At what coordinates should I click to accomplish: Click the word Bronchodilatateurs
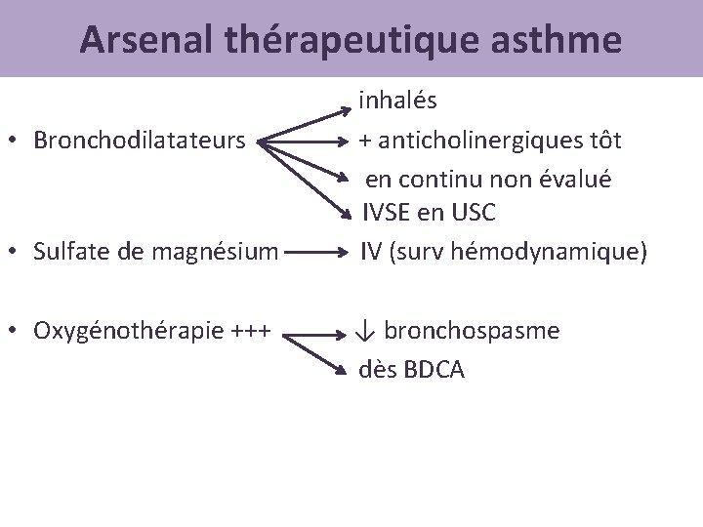[x=140, y=141]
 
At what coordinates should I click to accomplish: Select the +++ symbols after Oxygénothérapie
[x=256, y=332]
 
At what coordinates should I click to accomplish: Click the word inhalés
[x=397, y=100]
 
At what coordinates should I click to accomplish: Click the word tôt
[x=603, y=140]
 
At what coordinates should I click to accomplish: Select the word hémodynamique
[x=548, y=252]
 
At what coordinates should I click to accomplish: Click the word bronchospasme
[x=472, y=331]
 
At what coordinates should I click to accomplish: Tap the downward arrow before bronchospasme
[x=365, y=332]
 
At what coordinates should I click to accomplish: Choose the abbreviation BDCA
[x=431, y=370]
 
